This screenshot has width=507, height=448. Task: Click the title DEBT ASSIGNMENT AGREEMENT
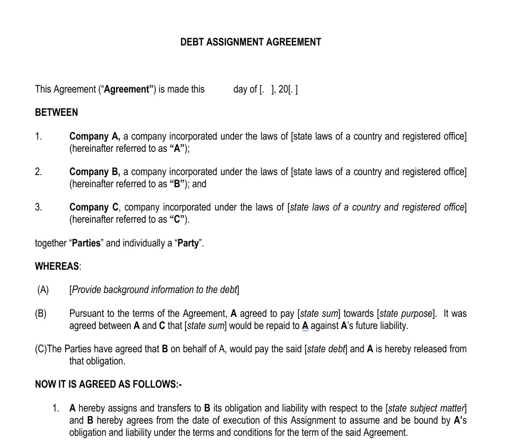(x=250, y=42)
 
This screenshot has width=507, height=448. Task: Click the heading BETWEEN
(x=56, y=112)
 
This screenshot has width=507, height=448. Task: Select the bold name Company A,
(x=95, y=136)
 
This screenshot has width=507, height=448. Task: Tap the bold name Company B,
(x=95, y=171)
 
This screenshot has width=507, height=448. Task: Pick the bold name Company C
(x=94, y=207)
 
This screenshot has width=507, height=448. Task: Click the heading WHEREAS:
(x=58, y=266)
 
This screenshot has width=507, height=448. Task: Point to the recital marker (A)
(x=43, y=289)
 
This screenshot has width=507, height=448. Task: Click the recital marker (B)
(x=41, y=313)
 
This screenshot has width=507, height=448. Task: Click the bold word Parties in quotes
(x=86, y=243)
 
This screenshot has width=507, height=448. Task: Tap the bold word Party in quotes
(x=188, y=243)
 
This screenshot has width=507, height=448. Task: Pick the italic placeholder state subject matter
(x=426, y=408)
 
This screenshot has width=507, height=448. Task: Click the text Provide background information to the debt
(x=154, y=289)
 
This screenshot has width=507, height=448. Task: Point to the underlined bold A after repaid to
(x=305, y=325)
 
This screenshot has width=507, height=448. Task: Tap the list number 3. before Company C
(x=38, y=207)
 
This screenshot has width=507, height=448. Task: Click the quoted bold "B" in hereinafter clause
(x=178, y=184)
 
